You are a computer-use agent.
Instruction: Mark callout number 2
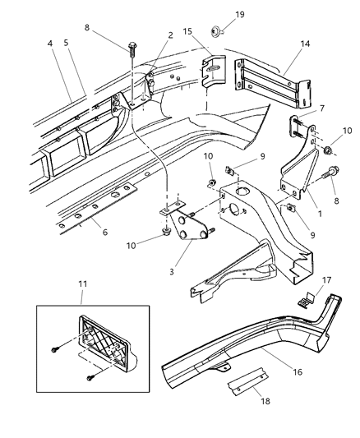point(170,35)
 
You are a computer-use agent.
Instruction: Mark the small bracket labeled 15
point(212,72)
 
